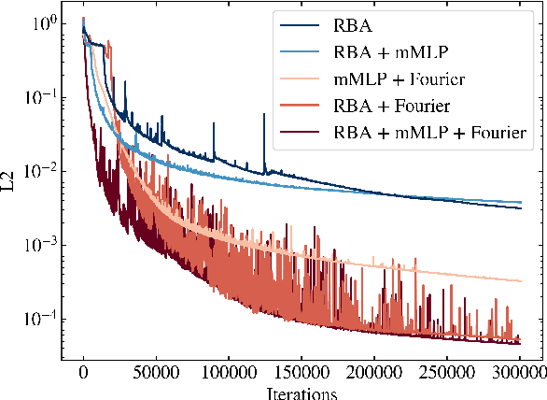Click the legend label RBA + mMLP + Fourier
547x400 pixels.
pyautogui.click(x=430, y=133)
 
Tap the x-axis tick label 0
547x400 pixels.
pyautogui.click(x=83, y=374)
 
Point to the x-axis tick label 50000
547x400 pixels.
pyautogui.click(x=156, y=374)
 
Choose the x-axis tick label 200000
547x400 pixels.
pyautogui.click(x=374, y=374)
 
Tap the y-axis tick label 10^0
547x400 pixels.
pyautogui.click(x=43, y=22)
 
